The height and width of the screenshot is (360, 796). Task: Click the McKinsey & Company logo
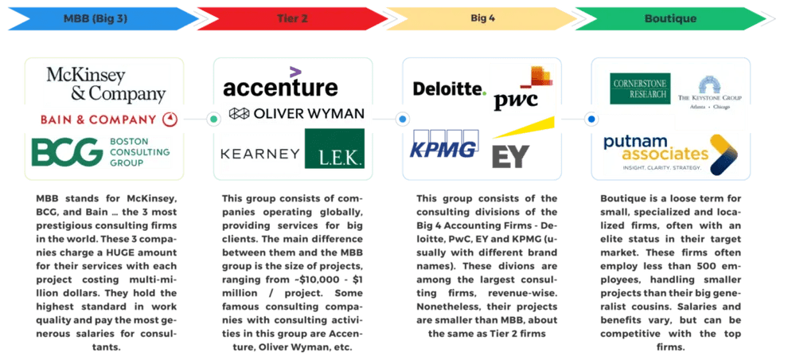107,84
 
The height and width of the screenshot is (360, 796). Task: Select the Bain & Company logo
110,120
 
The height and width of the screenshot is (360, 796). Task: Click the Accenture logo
280,87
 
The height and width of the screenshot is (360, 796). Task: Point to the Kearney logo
259,152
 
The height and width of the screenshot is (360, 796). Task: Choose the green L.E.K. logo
334,152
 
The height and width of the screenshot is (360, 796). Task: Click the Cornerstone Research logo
641,88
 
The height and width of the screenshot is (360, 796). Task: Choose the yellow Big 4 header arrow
482,18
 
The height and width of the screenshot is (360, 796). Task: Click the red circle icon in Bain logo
169,120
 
